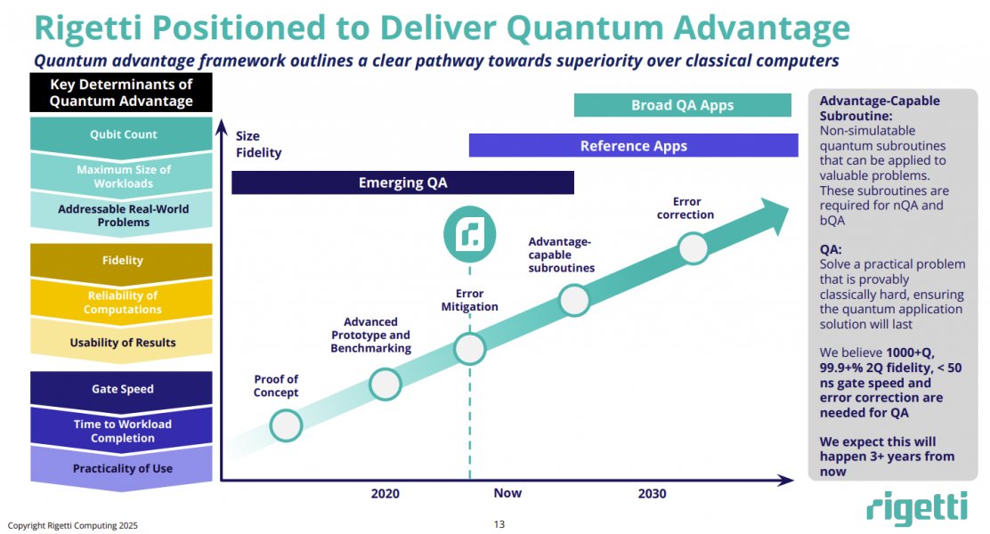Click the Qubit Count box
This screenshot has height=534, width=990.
coord(123,134)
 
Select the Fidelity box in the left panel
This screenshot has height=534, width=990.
coord(123,260)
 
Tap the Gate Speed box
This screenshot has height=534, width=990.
coord(123,389)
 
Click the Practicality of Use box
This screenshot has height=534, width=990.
coord(123,468)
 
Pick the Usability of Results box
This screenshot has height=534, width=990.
coord(123,343)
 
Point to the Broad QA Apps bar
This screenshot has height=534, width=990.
coord(682,105)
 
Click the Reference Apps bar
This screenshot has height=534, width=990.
coord(633,146)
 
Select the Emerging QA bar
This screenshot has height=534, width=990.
coord(402,182)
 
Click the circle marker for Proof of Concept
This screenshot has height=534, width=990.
coord(286,425)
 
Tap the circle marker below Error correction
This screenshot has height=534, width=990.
coord(694,248)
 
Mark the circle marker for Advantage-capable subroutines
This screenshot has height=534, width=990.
coord(574,300)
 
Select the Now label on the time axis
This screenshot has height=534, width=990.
coord(507,493)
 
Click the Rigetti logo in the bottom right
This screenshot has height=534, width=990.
coord(916,508)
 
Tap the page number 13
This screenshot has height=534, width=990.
coord(499,524)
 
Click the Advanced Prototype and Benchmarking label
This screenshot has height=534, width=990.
coord(370,336)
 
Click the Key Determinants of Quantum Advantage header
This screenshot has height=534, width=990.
coord(121,93)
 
